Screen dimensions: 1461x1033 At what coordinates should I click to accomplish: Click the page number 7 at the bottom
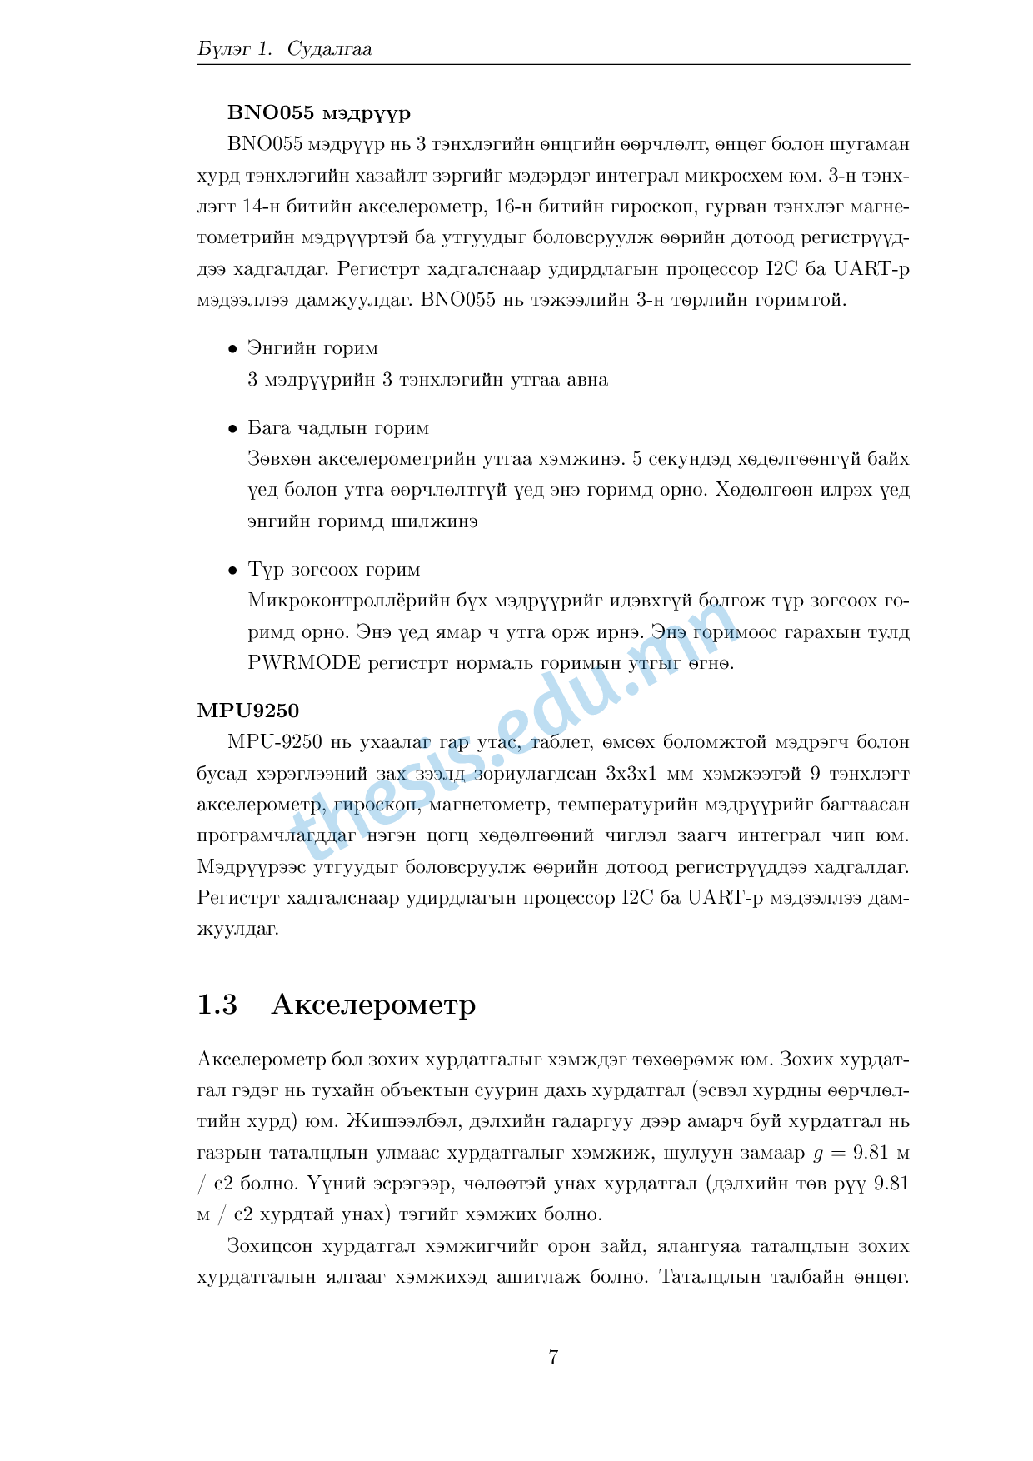click(x=553, y=1357)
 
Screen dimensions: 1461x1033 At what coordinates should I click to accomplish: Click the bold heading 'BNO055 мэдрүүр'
click(x=319, y=112)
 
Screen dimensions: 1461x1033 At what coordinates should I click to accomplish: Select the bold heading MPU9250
click(x=247, y=711)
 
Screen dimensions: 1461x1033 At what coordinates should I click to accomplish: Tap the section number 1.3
click(x=217, y=1005)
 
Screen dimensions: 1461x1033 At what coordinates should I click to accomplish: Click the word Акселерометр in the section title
click(x=373, y=1005)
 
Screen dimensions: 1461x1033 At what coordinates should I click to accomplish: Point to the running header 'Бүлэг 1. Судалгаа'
click(x=285, y=49)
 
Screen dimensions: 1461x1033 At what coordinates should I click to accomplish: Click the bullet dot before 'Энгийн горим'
click(x=233, y=349)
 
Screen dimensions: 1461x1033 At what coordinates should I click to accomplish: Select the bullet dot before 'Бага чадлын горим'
click(x=233, y=429)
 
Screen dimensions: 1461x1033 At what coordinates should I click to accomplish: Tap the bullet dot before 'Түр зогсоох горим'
click(x=233, y=571)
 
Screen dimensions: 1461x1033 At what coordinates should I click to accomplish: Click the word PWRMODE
click(x=304, y=663)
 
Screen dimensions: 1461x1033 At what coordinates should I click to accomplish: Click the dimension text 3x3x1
click(x=631, y=774)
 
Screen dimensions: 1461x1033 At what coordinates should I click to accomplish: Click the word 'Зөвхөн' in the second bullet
click(x=279, y=459)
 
